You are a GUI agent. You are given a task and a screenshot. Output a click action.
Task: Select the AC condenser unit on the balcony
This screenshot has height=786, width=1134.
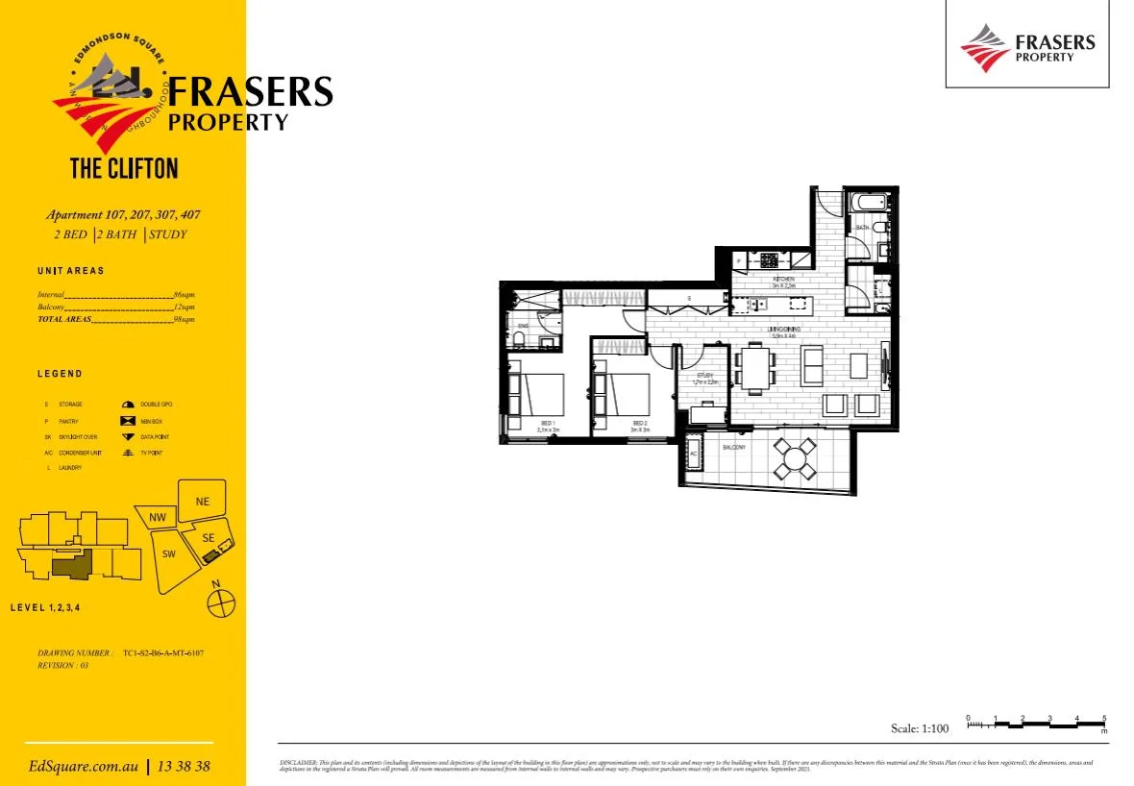693,454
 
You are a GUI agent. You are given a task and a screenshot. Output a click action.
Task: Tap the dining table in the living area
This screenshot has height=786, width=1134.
755,368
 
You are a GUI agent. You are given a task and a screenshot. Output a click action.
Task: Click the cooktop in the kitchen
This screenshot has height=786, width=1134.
770,259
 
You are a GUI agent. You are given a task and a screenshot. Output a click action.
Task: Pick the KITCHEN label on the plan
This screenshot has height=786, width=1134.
782,280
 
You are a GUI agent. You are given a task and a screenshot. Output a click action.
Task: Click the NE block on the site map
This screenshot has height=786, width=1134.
202,502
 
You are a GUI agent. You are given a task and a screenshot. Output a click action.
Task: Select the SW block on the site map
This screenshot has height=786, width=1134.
168,554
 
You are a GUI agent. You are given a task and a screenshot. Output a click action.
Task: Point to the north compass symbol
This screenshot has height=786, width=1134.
221,602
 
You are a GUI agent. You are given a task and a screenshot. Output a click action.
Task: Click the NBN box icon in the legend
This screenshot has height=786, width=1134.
128,421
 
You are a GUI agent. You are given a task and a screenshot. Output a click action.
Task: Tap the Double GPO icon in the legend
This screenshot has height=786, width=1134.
128,405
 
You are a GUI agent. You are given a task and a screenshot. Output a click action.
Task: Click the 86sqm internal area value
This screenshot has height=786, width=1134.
184,294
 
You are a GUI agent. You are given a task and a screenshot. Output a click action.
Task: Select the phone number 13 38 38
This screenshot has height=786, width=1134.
183,767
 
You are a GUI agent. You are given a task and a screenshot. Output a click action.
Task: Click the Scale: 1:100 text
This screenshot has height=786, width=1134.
920,728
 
